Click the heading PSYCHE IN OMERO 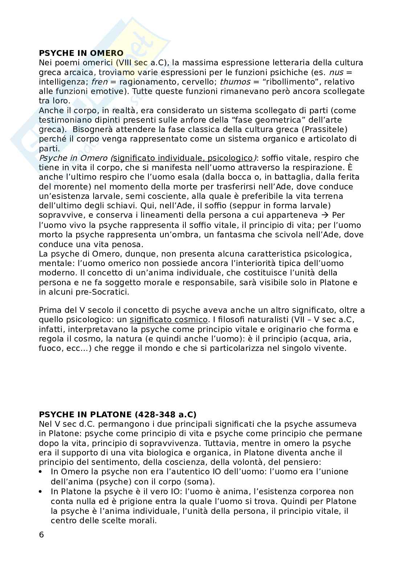[x=81, y=53]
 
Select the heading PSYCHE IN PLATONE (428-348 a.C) [x=118, y=414]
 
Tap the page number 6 [x=41, y=535]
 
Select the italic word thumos [x=235, y=82]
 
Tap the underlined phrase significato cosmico [x=169, y=320]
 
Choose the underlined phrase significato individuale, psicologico [x=183, y=158]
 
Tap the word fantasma [x=236, y=234]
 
